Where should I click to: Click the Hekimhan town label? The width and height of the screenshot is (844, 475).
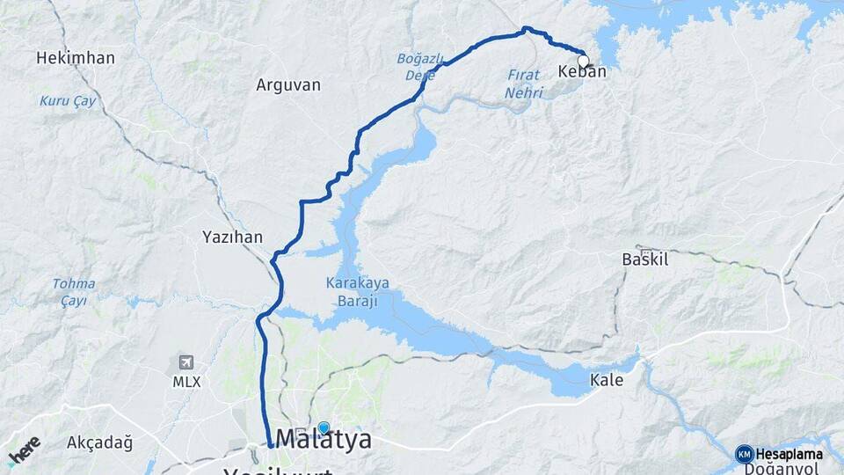(x=76, y=58)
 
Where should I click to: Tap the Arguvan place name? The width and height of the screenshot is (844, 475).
(x=288, y=85)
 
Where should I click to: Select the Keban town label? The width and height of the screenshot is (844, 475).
(x=582, y=72)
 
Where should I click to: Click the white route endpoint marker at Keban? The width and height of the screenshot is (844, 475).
(x=583, y=61)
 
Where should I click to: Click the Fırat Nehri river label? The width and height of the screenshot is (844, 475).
(x=524, y=84)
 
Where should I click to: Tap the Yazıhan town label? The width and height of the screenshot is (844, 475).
(x=232, y=237)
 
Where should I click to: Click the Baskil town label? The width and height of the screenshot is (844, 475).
(x=645, y=259)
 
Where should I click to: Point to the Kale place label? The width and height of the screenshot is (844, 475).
(x=607, y=381)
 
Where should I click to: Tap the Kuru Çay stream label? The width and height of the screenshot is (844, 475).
(x=68, y=101)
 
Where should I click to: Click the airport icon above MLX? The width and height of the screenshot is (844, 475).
(x=186, y=362)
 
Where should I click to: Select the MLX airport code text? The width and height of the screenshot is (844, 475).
(x=186, y=382)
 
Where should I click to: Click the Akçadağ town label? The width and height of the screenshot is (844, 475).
(x=100, y=442)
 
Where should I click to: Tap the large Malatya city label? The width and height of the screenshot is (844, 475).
(x=324, y=439)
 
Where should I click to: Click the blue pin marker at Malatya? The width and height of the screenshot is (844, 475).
(x=324, y=427)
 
